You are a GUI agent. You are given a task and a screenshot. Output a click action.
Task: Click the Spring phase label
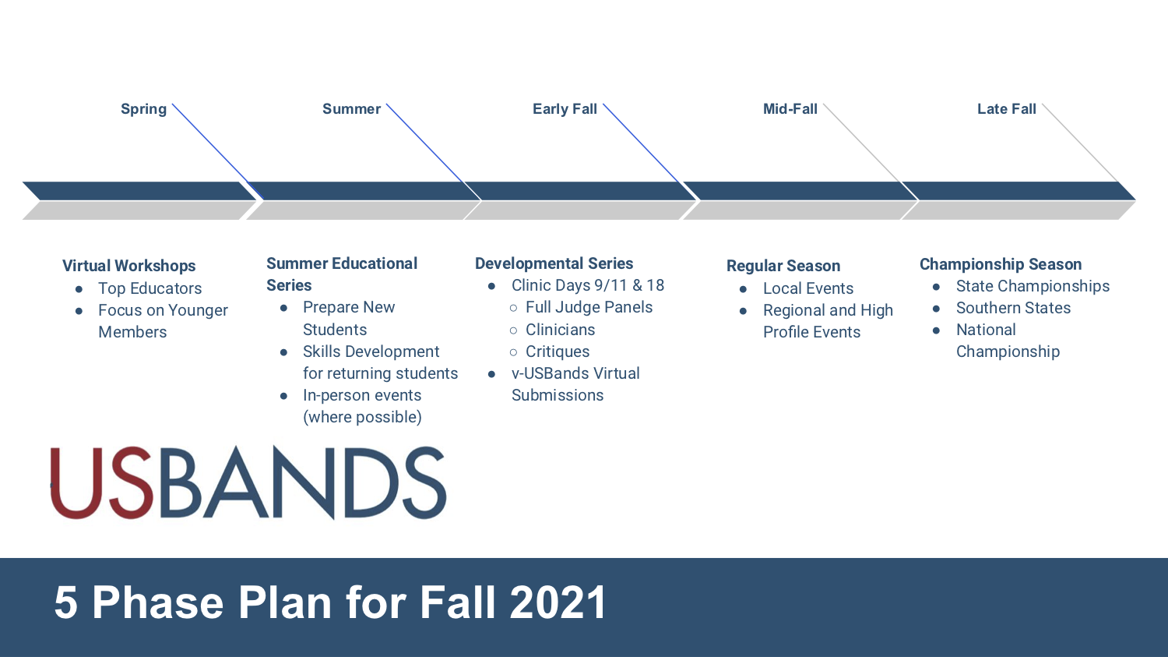143,109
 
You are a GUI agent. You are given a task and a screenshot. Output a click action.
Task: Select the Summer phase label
351,109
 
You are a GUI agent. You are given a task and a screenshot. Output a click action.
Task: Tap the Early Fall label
565,109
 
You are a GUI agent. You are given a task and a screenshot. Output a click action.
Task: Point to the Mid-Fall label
790,109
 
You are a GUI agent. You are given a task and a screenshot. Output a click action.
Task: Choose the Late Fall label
1006,109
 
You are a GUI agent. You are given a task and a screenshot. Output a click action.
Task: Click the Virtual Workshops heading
128,266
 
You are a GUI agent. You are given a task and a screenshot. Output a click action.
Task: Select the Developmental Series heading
554,263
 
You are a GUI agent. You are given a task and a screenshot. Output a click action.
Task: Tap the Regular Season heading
783,266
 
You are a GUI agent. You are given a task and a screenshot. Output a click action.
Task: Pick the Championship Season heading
1000,264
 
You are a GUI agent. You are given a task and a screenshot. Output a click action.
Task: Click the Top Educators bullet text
150,288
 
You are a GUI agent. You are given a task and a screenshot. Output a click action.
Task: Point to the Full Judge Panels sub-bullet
589,307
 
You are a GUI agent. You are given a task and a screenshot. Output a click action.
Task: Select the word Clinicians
560,330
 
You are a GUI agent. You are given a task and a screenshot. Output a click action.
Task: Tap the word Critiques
558,351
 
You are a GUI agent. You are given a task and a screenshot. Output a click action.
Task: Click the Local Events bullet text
807,288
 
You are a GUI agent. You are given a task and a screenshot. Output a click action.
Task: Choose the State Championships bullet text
1033,286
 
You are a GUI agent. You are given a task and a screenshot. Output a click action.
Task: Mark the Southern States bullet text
1013,308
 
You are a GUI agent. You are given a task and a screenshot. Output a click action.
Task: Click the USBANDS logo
248,483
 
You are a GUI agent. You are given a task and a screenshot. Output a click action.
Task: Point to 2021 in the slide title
558,602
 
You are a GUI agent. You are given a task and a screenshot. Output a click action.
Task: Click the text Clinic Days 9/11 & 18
587,285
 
